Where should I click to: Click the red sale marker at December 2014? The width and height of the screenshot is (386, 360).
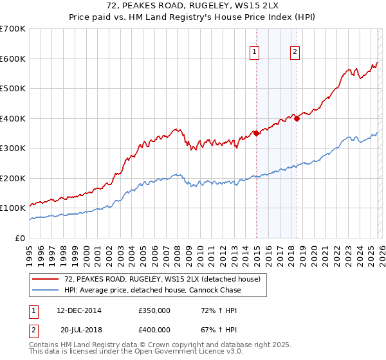click(x=256, y=133)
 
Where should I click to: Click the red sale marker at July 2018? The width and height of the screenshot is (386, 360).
click(x=297, y=118)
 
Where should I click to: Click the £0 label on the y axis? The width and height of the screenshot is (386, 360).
click(x=19, y=238)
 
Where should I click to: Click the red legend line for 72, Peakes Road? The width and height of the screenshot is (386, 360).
click(x=46, y=280)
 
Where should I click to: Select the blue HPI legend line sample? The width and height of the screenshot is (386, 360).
click(x=46, y=291)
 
